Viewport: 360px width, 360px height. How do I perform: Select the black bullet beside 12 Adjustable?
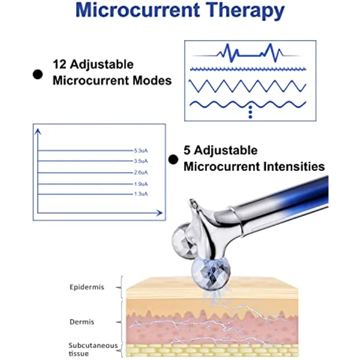38,75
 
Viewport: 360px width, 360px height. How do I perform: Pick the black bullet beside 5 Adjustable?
173,159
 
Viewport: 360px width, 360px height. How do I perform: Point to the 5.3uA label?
140,151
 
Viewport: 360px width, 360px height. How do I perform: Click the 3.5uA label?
140,161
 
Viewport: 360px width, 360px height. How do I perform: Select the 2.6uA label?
140,172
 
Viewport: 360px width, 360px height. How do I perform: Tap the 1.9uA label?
140,184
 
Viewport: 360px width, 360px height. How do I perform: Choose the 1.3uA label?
140,194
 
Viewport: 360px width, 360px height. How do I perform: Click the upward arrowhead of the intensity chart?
38,131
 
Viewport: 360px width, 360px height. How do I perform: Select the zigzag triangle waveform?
247,85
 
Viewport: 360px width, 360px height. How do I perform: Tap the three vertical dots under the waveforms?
250,112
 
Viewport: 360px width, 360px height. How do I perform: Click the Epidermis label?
87,287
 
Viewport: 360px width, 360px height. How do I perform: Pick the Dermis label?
81,322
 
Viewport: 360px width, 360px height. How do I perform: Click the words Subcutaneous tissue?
86,349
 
